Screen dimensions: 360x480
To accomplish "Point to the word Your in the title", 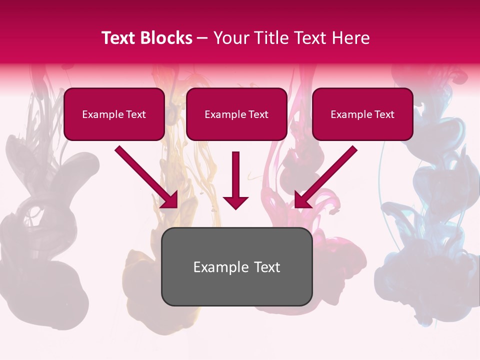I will [231, 38].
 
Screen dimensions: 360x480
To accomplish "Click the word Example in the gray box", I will [214, 267].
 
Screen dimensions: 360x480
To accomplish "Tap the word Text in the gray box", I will [266, 267].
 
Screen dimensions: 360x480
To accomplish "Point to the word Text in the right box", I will [383, 114].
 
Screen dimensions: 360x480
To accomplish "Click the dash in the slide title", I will [202, 38].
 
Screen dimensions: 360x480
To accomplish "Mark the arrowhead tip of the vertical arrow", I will [235, 209].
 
